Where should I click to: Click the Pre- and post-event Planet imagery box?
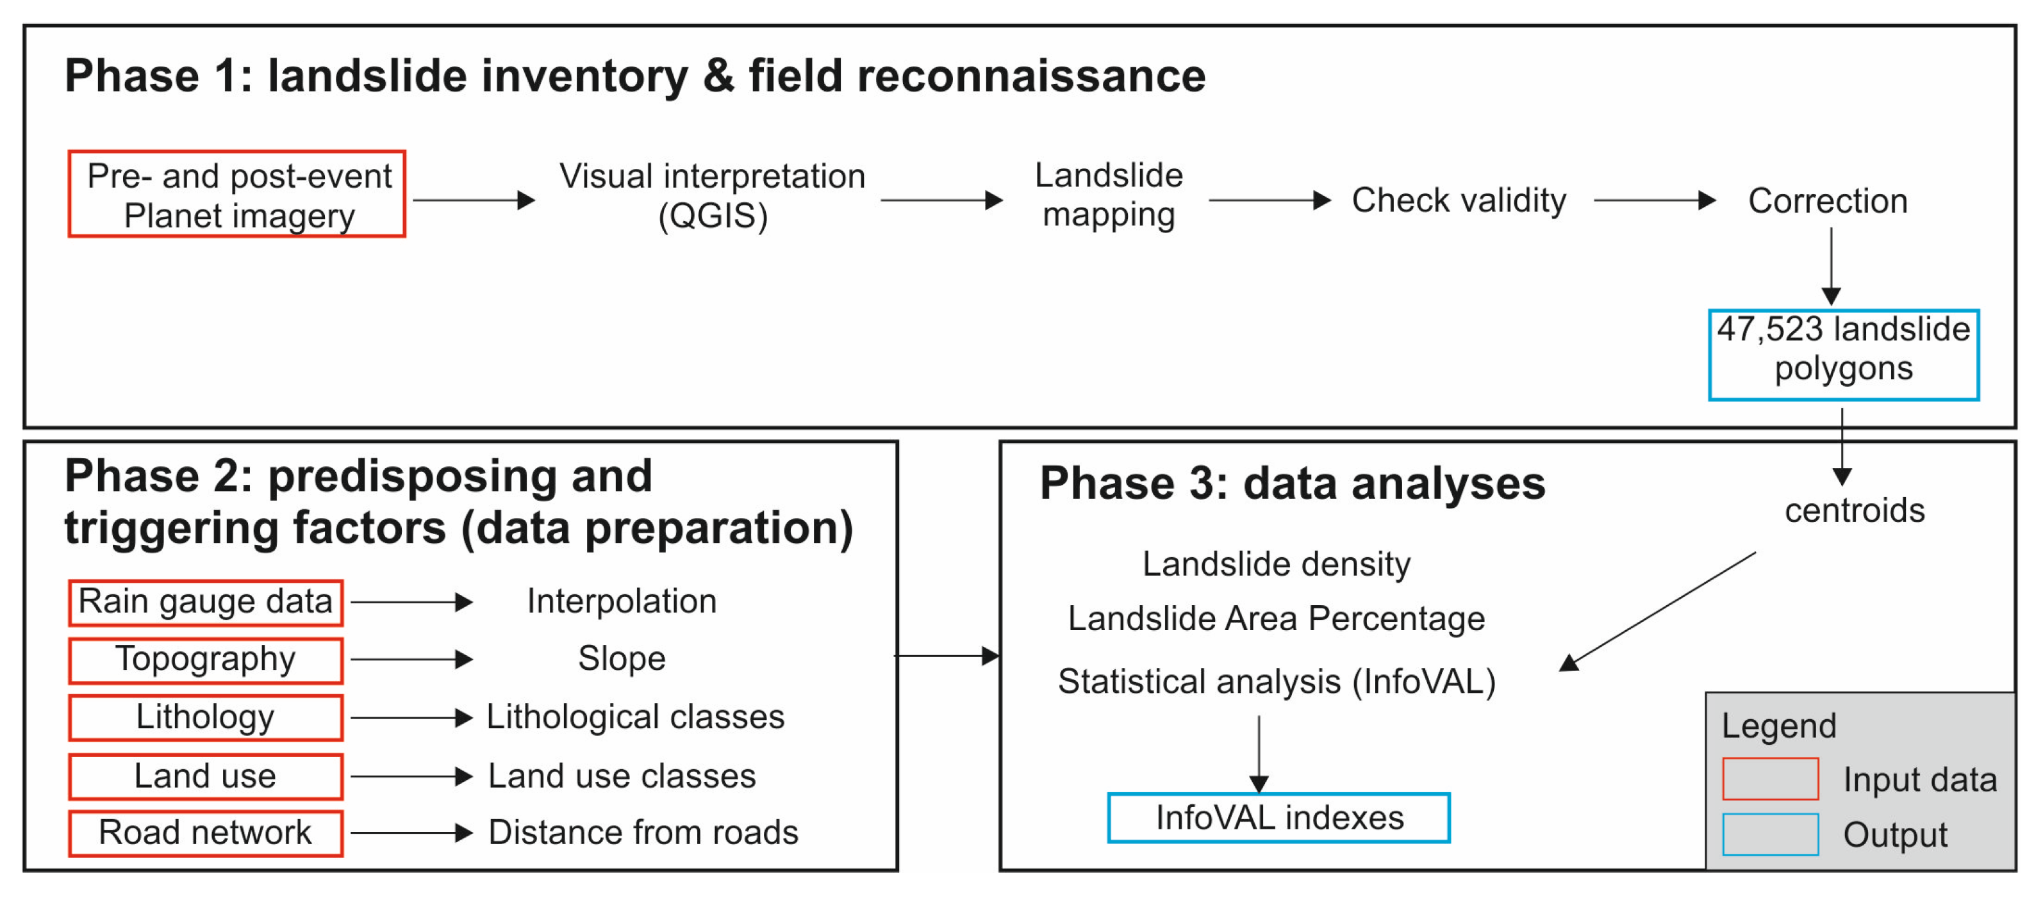coord(237,194)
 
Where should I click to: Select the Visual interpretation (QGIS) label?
coord(712,195)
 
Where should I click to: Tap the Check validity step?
coord(1459,200)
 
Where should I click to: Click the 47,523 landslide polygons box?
coord(1843,354)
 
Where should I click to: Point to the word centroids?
coord(1854,510)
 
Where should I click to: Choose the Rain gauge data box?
coord(206,603)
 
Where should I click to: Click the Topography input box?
coord(206,660)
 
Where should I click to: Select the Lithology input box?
coord(206,717)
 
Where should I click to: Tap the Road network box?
coord(206,833)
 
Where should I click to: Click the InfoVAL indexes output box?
coord(1278,817)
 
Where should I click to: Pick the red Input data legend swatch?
coord(1770,779)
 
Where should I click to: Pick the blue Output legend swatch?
coord(1770,834)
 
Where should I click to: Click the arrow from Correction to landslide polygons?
coord(1830,266)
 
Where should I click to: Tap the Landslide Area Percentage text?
coord(1276,619)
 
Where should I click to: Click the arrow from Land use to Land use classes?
coord(411,776)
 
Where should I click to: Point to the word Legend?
coord(1778,726)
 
